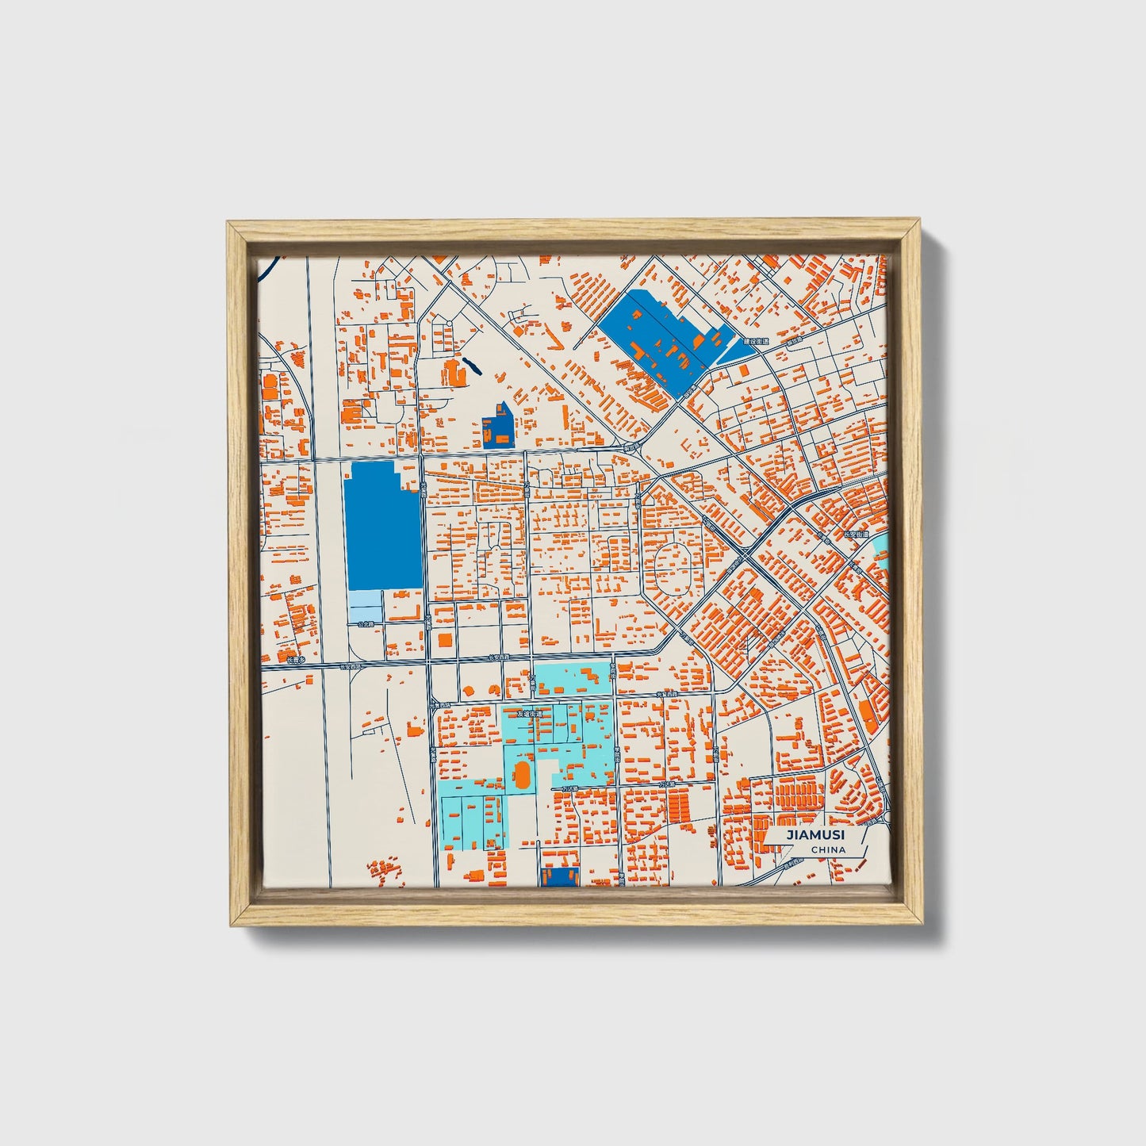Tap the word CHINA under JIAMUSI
click(828, 849)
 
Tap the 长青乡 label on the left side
click(296, 659)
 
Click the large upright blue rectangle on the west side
click(383, 525)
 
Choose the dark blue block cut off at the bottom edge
click(558, 876)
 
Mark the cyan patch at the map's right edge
click(881, 550)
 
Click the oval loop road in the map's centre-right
click(672, 568)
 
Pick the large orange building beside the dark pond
click(454, 372)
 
